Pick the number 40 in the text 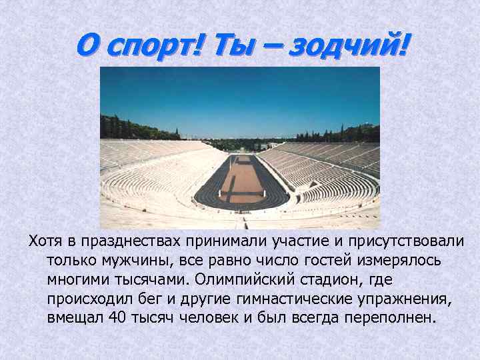tap(117, 316)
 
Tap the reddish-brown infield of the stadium tap(241, 180)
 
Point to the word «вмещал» tap(73, 316)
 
